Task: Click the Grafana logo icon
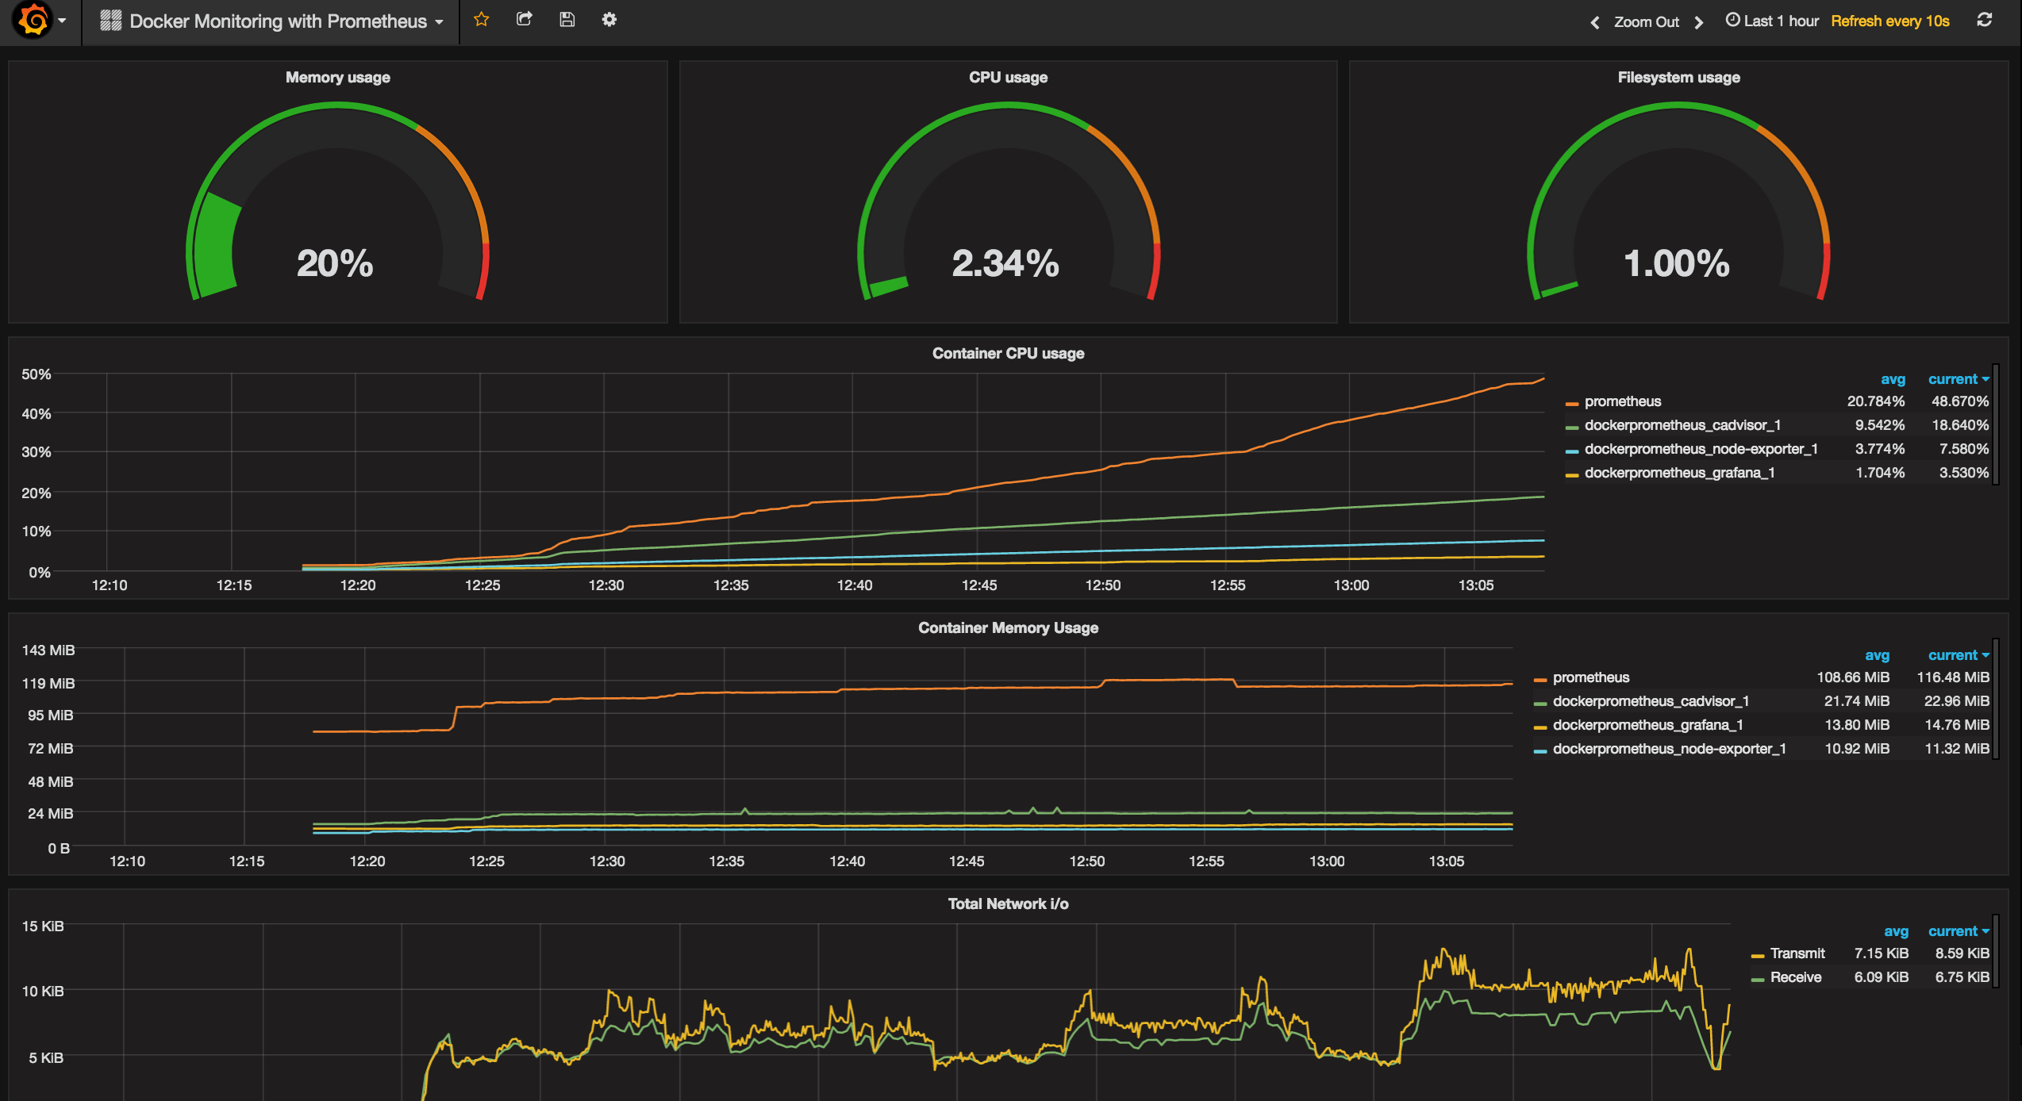(x=33, y=21)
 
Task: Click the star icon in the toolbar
(x=481, y=20)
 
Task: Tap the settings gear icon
(x=609, y=20)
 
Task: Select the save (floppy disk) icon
(x=567, y=20)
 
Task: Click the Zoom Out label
(x=1646, y=22)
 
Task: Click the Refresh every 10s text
(x=1889, y=21)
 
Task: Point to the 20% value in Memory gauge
(x=335, y=263)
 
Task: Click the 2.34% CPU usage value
(x=1005, y=263)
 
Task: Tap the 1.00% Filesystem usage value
(x=1676, y=263)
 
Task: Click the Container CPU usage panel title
(x=1008, y=354)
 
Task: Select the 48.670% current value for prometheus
(x=1959, y=401)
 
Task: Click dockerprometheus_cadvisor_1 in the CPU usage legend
(x=1682, y=425)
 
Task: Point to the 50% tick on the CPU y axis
(x=37, y=374)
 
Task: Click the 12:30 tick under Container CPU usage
(x=606, y=585)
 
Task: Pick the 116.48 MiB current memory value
(x=1953, y=677)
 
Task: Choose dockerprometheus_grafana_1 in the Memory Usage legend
(x=1647, y=725)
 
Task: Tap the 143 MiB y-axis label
(x=48, y=650)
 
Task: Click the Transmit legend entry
(x=1797, y=953)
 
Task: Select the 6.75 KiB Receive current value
(x=1962, y=977)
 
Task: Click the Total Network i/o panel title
(x=1008, y=904)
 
